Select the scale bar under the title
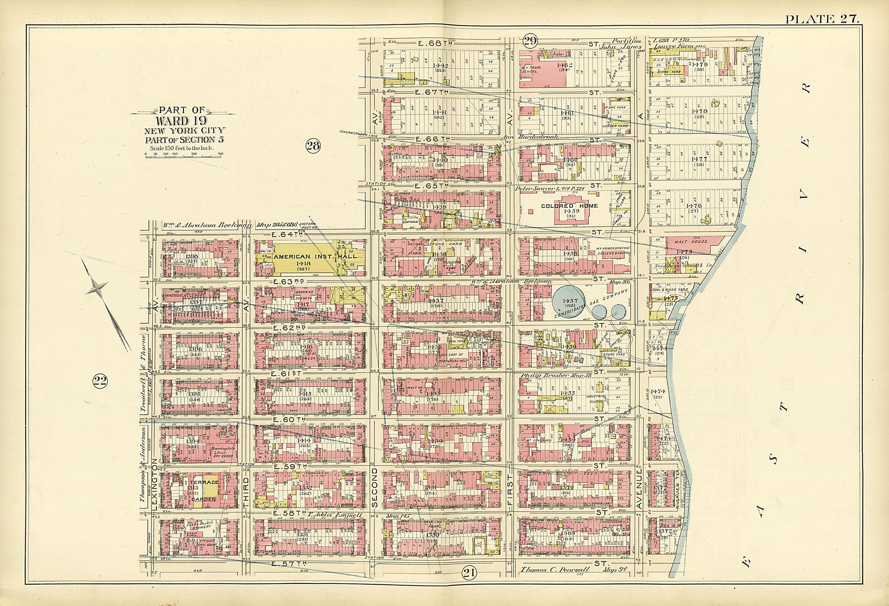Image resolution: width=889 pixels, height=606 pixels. tap(184, 155)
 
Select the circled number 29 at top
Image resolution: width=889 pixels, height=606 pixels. tap(530, 41)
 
